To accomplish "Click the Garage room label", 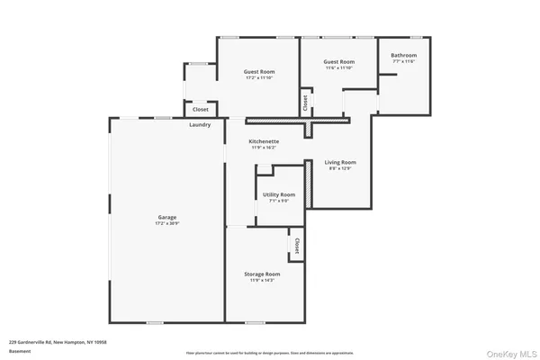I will (x=167, y=216).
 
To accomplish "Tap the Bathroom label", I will (x=403, y=56).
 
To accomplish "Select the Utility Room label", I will (x=279, y=194).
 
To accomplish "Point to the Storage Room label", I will (x=262, y=274).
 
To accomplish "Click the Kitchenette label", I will (x=265, y=141).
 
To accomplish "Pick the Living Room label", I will (x=340, y=162).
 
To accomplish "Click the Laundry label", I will (x=200, y=124).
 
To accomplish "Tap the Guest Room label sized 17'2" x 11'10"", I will (x=260, y=71).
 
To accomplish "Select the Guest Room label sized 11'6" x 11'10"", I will (x=339, y=62).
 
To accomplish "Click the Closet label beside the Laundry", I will (x=201, y=110).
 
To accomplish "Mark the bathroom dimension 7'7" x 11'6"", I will (x=403, y=61).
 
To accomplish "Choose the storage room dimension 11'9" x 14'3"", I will (x=262, y=279).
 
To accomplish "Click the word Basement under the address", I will (x=19, y=352).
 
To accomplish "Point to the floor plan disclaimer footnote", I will (x=270, y=352).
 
